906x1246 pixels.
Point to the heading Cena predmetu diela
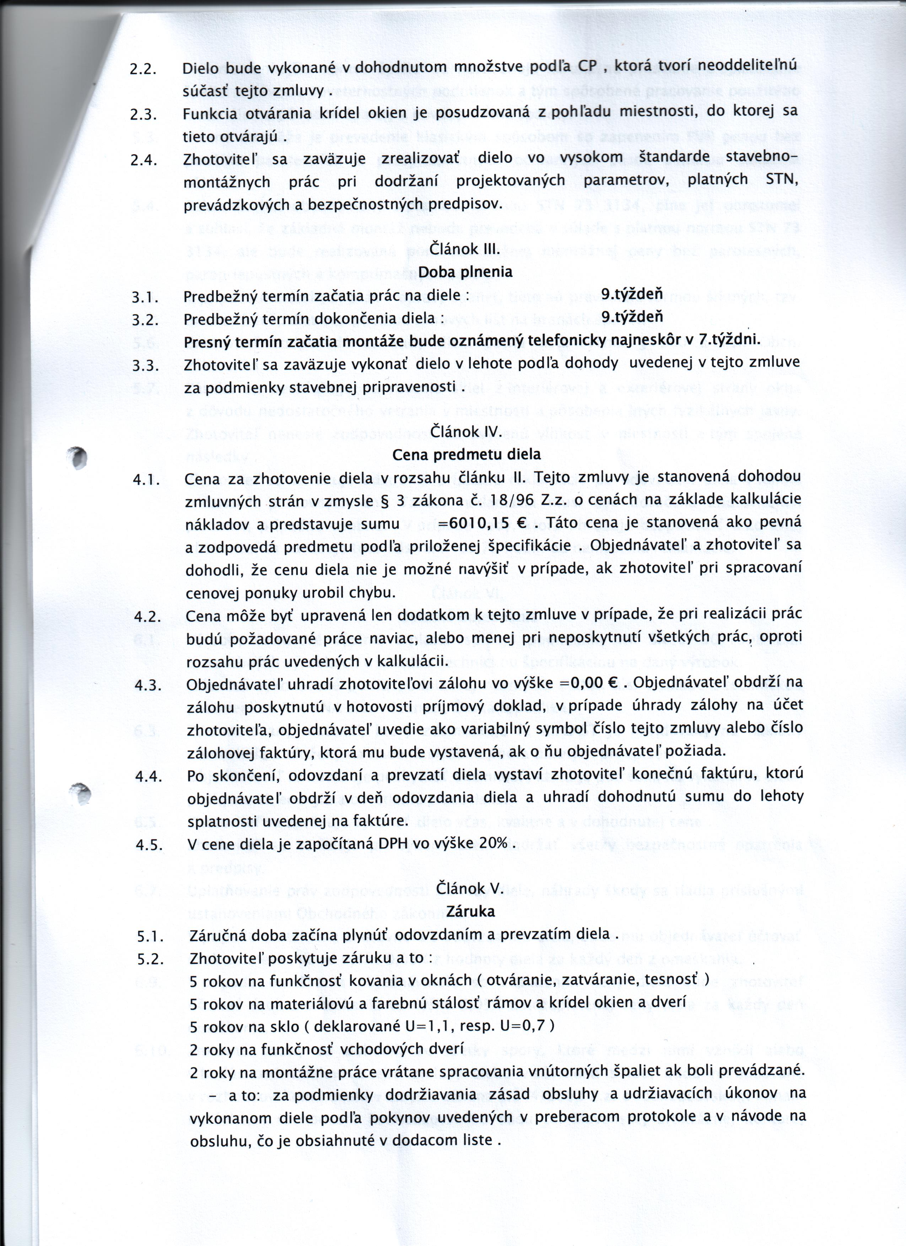[x=467, y=455]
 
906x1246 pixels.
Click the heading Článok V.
[x=469, y=888]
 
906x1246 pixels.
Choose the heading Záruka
[x=470, y=911]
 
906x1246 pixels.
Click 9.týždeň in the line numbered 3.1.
[x=632, y=295]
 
